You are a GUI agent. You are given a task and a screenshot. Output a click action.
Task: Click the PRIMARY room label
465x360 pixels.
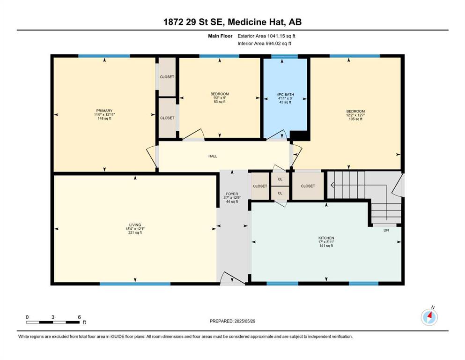coord(104,111)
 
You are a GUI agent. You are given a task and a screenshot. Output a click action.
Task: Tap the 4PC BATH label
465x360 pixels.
coord(285,94)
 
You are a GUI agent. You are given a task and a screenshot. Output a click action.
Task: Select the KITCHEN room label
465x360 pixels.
coord(326,238)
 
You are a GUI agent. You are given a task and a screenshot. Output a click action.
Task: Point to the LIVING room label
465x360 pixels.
coord(135,225)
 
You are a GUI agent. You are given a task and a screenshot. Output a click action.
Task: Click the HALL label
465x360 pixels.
coord(213,156)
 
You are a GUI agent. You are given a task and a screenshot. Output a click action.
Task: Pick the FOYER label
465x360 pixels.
coord(232,194)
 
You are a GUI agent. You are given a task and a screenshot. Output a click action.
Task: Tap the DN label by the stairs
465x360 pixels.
coord(386,230)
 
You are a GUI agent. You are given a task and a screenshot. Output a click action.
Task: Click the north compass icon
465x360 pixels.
coord(429,317)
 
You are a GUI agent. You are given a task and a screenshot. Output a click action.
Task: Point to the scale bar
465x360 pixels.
coord(53,322)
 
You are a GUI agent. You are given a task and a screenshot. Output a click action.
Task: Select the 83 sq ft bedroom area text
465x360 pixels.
coord(220,102)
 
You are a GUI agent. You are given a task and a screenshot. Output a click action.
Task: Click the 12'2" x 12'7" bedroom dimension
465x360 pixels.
coord(355,115)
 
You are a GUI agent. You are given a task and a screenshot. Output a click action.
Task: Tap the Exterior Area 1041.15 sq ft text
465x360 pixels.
coord(266,36)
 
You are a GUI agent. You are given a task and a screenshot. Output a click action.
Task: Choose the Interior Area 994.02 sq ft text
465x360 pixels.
coord(264,43)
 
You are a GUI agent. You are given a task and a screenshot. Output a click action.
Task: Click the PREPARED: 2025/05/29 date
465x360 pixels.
coord(232,321)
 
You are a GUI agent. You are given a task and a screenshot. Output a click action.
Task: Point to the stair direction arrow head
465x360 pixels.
coord(332,186)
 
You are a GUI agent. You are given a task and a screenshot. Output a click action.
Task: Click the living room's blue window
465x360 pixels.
coord(135,284)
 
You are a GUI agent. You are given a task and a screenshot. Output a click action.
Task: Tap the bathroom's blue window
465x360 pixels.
coord(285,56)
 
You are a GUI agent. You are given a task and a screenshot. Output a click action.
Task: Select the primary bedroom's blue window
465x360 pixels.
coord(104,56)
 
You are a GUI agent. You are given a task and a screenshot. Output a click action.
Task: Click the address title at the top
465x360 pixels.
coord(232,22)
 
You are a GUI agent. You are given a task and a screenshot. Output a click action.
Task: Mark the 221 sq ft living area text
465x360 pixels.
coord(135,232)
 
